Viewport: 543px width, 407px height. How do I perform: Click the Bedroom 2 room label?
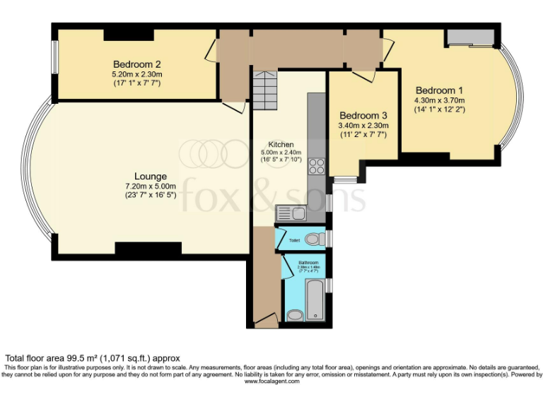(137, 64)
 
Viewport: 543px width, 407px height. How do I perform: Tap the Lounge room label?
(151, 176)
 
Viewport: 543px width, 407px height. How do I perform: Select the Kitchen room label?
(281, 144)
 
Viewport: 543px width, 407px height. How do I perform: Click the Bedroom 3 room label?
(363, 116)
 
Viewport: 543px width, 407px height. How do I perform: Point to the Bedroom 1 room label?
(439, 90)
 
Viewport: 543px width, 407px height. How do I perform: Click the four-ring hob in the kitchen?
(316, 167)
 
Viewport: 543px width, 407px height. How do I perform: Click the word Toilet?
(294, 241)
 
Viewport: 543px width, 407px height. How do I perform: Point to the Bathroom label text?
(306, 262)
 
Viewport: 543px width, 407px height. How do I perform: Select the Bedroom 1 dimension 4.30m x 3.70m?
(439, 100)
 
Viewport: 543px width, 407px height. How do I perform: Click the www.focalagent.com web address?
(271, 381)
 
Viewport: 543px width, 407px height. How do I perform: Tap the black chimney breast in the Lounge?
(148, 248)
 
